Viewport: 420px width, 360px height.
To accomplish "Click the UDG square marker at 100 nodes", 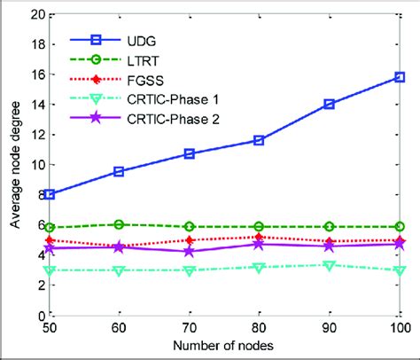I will [x=399, y=77].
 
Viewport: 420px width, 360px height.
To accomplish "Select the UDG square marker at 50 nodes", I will [x=49, y=194].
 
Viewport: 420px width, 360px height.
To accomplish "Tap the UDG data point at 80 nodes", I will [x=259, y=140].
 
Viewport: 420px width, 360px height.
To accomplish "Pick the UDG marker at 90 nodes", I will [x=329, y=104].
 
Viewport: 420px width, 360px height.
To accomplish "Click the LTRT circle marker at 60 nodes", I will [x=119, y=224].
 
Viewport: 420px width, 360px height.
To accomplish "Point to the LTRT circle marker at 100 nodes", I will [x=399, y=227].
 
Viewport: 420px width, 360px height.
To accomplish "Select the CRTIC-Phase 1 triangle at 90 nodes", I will [x=329, y=265].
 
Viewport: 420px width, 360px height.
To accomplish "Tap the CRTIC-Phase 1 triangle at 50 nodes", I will [x=49, y=270].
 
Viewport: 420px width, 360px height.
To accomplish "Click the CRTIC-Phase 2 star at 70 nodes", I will [x=189, y=251].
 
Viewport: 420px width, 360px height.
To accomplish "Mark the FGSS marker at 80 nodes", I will [x=259, y=237].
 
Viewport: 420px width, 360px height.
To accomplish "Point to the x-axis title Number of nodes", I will [x=223, y=347].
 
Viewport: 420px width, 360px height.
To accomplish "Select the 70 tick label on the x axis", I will [x=189, y=328].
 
